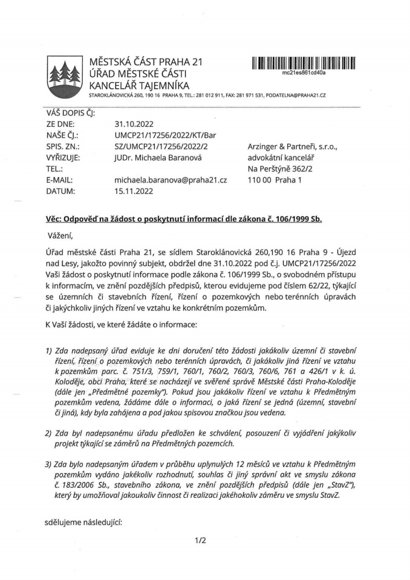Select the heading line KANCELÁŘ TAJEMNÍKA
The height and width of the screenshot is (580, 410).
point(139,85)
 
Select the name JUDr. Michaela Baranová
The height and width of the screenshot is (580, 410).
point(157,158)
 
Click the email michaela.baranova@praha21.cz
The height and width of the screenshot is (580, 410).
point(171,180)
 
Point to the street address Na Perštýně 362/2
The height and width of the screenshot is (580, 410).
point(281,169)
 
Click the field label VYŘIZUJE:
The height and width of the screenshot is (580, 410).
point(63,158)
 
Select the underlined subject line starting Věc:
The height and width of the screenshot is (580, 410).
point(184,219)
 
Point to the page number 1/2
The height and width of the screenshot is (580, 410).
point(200,540)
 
